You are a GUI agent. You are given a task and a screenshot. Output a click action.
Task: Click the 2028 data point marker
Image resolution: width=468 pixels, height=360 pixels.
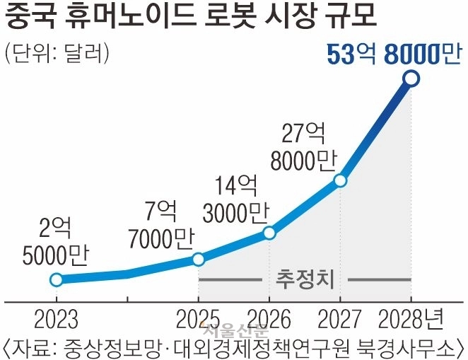click(412, 79)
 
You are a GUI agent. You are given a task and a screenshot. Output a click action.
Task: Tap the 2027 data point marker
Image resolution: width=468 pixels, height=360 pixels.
click(340, 180)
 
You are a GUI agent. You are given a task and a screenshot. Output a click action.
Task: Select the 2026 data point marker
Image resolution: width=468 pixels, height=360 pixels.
click(269, 233)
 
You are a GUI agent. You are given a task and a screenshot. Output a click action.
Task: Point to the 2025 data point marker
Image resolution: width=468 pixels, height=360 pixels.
click(198, 260)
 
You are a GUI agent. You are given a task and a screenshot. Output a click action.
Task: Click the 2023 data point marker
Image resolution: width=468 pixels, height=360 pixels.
click(56, 279)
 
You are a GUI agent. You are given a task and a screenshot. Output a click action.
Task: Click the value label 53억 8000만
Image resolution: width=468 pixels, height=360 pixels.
click(393, 52)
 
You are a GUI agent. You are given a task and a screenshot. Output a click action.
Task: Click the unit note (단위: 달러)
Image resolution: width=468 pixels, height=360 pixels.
click(56, 53)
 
